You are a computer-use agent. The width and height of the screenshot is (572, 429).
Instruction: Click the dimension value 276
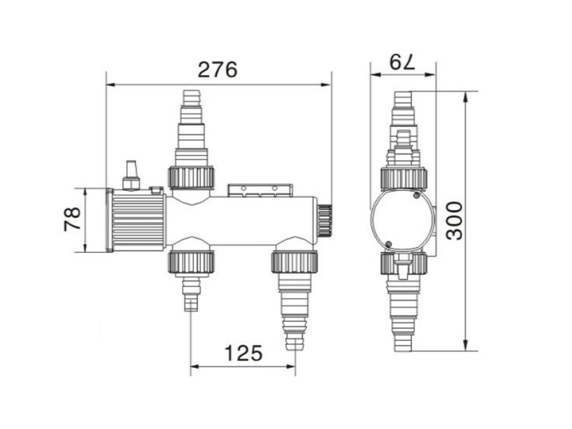[217, 70]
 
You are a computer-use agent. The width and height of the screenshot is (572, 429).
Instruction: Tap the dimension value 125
[243, 353]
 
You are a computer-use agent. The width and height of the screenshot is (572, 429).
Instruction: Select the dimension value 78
[72, 219]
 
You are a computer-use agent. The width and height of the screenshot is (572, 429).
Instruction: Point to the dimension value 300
[455, 220]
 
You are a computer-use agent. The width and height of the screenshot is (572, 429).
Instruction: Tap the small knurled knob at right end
[325, 221]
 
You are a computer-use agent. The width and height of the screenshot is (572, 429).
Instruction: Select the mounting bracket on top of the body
[260, 190]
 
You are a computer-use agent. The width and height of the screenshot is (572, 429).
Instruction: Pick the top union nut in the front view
[191, 177]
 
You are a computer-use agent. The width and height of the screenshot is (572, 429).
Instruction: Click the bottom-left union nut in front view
[191, 263]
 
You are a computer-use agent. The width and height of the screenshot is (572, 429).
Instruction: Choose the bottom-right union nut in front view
[294, 263]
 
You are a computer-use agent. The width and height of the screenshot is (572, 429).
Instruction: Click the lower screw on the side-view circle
[388, 244]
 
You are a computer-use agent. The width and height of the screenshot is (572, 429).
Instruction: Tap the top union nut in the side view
[403, 178]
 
